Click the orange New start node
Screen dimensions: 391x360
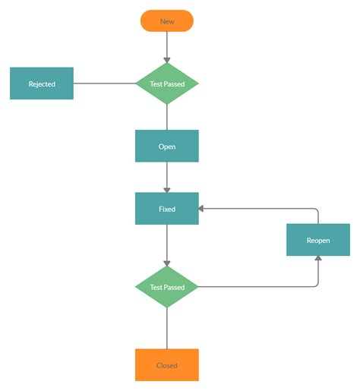[167, 21]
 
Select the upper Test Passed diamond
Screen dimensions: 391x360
[167, 84]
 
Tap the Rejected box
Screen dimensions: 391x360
[42, 84]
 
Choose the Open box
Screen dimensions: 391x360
[167, 146]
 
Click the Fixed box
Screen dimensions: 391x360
[167, 208]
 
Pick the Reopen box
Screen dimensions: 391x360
[318, 239]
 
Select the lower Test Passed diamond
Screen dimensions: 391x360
[167, 287]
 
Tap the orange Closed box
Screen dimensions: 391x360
[167, 364]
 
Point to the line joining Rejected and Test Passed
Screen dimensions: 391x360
[105, 84]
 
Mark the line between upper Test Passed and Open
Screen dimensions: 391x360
[167, 117]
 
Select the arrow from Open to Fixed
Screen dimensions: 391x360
[167, 176]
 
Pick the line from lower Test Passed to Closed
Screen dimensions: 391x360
[167, 328]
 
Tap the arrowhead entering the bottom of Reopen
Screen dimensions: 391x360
[318, 260]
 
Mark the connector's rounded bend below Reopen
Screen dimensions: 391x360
[317, 285]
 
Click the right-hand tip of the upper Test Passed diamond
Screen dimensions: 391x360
[197, 84]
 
